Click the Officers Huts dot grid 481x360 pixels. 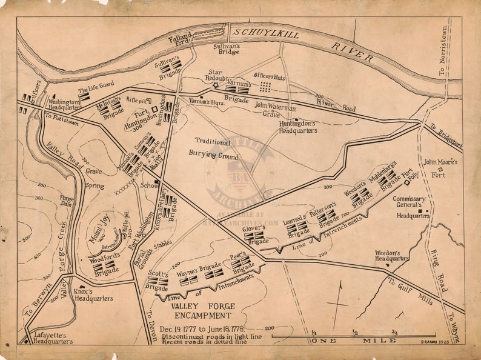pos(265,87)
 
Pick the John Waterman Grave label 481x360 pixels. pos(275,109)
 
